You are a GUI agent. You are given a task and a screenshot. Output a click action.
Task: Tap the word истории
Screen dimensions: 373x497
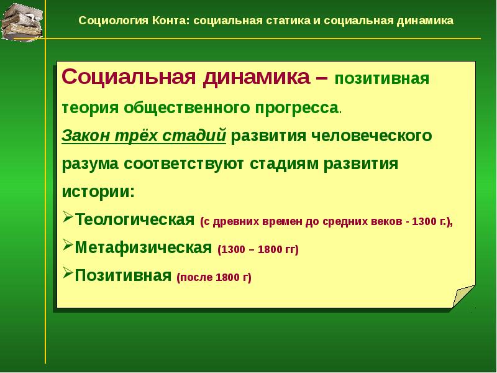click(96, 190)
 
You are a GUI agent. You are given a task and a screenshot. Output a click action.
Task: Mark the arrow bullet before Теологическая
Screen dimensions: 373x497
click(68, 219)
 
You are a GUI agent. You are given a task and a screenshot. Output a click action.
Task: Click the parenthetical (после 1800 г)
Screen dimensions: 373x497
click(214, 277)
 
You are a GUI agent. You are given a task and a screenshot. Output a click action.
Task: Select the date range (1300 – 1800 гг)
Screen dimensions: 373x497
click(258, 249)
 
